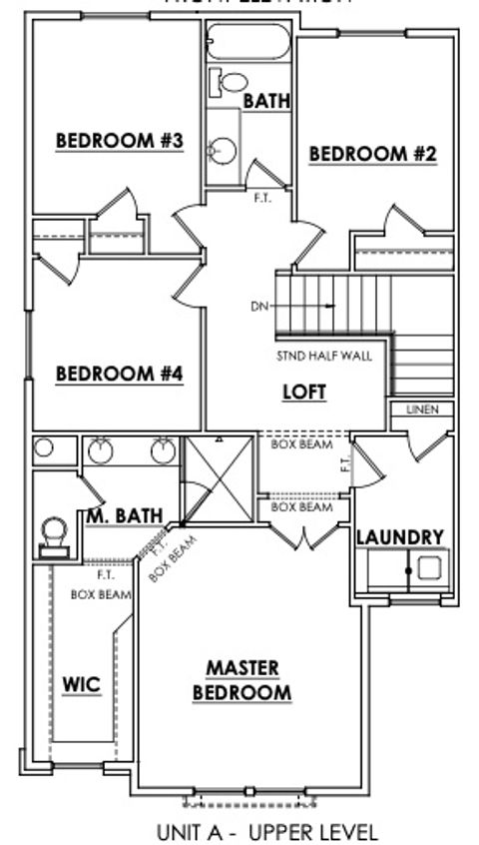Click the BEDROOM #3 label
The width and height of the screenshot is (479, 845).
click(x=119, y=141)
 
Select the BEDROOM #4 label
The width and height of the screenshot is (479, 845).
click(x=119, y=375)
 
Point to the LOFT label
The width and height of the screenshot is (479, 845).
click(x=304, y=392)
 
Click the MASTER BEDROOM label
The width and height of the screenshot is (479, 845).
click(x=242, y=680)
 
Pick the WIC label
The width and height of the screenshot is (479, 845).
click(x=82, y=686)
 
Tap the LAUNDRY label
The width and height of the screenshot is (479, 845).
click(x=400, y=537)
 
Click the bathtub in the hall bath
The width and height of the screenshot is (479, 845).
click(x=248, y=43)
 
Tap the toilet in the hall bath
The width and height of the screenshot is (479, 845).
click(x=231, y=82)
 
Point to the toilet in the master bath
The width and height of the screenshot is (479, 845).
click(x=53, y=531)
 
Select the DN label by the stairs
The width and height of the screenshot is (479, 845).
click(x=259, y=307)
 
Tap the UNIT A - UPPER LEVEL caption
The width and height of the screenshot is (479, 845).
click(x=267, y=831)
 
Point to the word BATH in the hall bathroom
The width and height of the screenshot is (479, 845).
click(x=266, y=101)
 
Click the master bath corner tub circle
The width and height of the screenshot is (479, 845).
click(x=42, y=449)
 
